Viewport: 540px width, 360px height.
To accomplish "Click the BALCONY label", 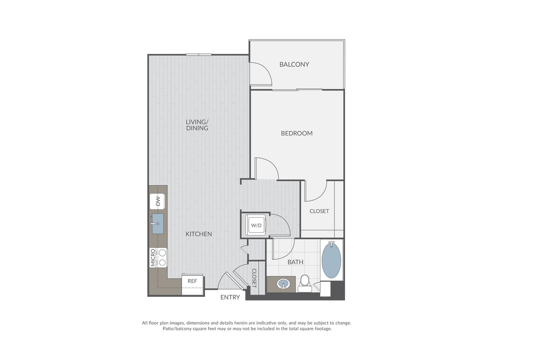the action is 294,64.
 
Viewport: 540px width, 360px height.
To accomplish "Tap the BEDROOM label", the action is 297,133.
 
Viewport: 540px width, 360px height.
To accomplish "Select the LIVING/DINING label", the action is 197,125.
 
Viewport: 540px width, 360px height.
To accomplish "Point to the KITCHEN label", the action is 199,234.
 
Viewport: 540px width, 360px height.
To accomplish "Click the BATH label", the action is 295,262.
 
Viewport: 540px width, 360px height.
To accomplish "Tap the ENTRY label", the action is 230,297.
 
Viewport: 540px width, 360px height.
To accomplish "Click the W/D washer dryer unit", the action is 256,225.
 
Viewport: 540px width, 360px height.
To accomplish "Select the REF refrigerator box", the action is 192,286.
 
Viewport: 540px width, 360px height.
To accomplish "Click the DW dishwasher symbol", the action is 158,201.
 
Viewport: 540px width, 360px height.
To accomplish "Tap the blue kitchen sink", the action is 158,224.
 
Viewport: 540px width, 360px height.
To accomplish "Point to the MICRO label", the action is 153,258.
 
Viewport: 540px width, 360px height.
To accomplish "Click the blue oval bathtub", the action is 331,260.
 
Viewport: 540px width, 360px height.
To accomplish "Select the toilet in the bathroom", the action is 305,284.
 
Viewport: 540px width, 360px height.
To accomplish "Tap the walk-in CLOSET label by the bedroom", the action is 319,211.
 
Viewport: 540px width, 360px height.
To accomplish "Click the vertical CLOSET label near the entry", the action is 254,278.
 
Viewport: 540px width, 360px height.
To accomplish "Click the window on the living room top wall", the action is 199,55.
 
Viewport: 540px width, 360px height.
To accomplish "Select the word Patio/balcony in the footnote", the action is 177,329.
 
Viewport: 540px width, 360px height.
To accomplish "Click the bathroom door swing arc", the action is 289,255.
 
